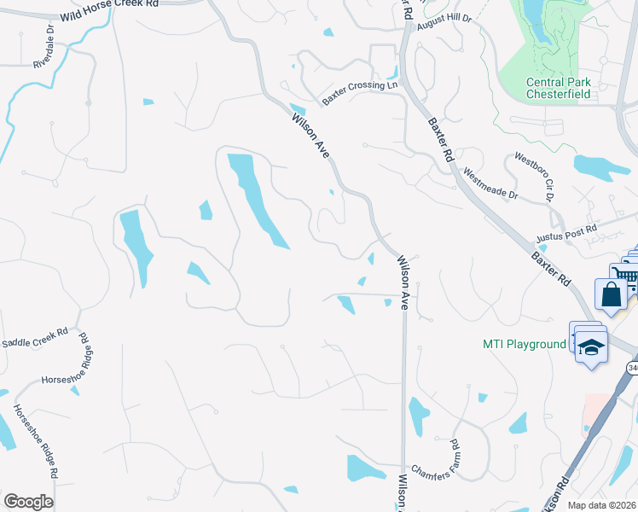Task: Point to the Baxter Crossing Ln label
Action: pyautogui.click(x=360, y=93)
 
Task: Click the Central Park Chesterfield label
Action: pyautogui.click(x=559, y=88)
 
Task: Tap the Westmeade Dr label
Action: pyautogui.click(x=490, y=183)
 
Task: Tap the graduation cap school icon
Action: pyautogui.click(x=592, y=347)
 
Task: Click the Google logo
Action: pyautogui.click(x=28, y=502)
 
